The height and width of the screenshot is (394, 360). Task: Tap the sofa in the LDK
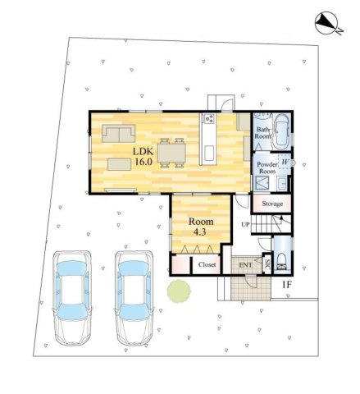point(120,134)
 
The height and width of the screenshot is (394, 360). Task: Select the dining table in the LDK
point(172,151)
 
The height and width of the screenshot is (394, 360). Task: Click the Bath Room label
point(263,135)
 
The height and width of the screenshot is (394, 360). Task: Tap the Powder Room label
point(267,168)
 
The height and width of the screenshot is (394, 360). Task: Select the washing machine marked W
point(285,162)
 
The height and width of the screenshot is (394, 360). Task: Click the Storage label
point(272,204)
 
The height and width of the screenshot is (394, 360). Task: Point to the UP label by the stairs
point(245,224)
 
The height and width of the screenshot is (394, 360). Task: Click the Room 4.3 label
point(202,227)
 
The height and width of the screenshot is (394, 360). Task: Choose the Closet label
point(207,265)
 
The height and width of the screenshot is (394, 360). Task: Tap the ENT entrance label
point(245,265)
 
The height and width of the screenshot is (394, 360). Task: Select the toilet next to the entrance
point(282,263)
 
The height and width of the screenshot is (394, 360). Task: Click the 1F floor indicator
point(288,285)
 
